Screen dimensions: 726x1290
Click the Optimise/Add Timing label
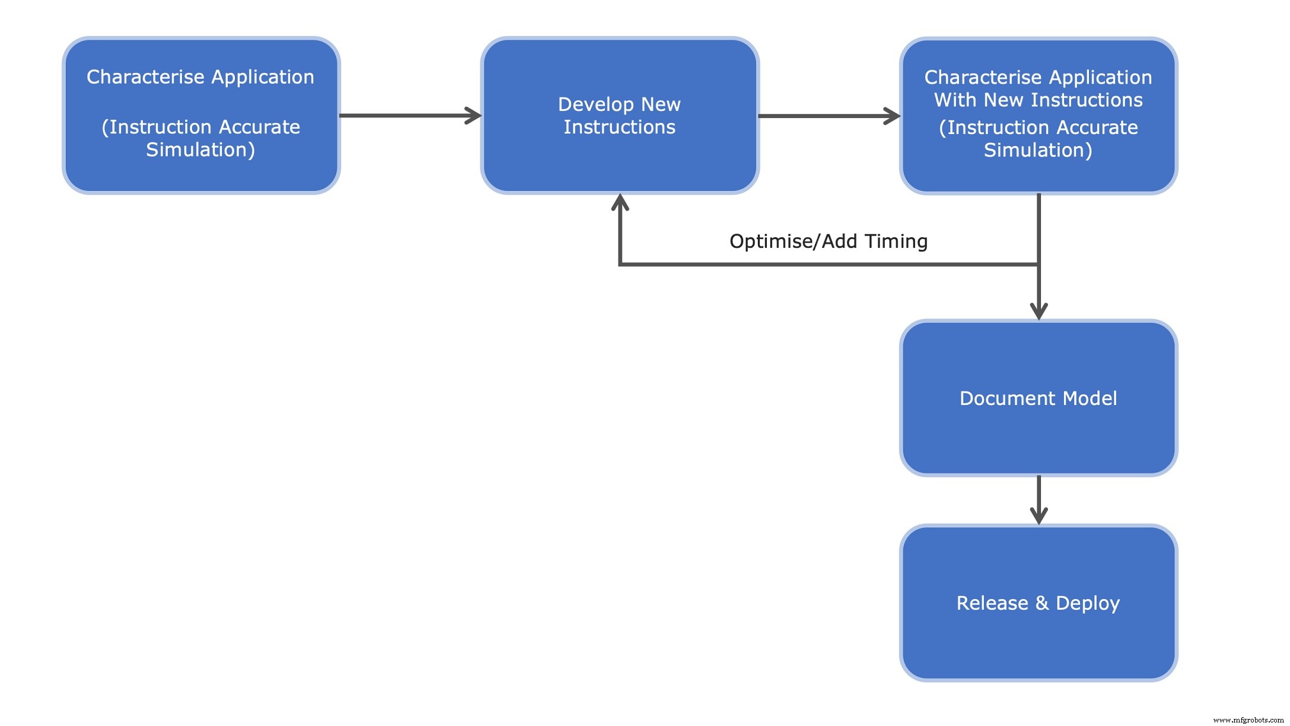point(828,241)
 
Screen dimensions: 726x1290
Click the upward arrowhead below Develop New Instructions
point(620,202)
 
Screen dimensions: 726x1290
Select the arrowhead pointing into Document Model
point(1039,312)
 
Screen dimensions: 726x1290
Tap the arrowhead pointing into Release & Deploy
point(1039,517)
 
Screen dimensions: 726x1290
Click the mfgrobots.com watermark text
point(1248,720)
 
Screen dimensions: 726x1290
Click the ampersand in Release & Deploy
point(1042,603)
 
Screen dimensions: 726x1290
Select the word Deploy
point(1088,603)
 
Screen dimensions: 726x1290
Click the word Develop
point(596,104)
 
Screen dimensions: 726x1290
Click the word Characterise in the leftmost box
point(145,77)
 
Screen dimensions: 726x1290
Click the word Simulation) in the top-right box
point(1038,150)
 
